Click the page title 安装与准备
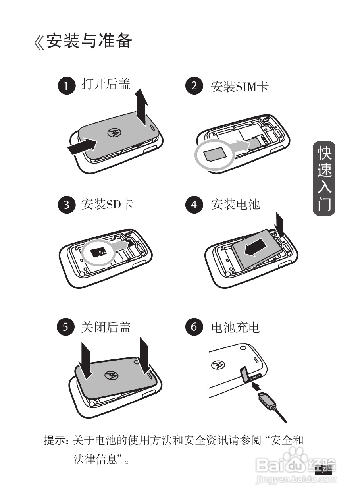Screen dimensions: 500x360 tap(89, 41)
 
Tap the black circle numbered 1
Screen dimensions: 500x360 tap(66, 86)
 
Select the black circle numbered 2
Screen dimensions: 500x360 tap(194, 86)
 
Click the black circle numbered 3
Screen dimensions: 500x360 tap(66, 205)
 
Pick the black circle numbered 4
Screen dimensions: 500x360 tap(194, 205)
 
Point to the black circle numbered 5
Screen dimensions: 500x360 tap(66, 327)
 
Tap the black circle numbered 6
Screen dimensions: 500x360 tap(194, 327)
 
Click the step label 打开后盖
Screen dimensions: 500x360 tap(106, 84)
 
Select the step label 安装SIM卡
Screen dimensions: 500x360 tap(239, 86)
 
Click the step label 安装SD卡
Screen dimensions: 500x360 tap(107, 205)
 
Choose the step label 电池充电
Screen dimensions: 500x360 tap(235, 327)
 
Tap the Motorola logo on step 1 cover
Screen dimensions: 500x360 tap(114, 133)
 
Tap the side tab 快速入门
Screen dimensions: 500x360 tap(324, 179)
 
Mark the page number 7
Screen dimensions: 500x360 tap(323, 471)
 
